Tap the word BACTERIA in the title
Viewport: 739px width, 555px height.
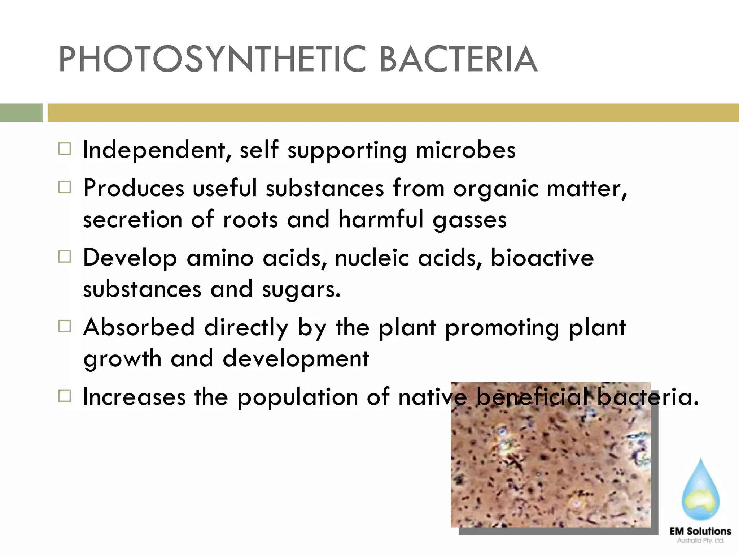pyautogui.click(x=458, y=59)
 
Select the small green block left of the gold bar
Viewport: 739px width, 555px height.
pyautogui.click(x=21, y=113)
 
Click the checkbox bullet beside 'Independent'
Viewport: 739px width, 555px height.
pyautogui.click(x=65, y=149)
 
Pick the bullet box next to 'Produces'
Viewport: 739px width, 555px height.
pyautogui.click(x=65, y=187)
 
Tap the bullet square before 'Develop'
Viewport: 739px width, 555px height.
pyautogui.click(x=65, y=257)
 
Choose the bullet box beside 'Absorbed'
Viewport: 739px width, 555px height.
pyautogui.click(x=65, y=326)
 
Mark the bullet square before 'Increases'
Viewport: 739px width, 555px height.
pyautogui.click(x=65, y=396)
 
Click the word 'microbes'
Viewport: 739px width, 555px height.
pyautogui.click(x=465, y=150)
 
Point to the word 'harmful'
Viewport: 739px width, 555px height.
pyautogui.click(x=381, y=219)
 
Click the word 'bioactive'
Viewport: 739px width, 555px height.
pyautogui.click(x=542, y=258)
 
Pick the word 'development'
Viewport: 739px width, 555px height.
pyautogui.click(x=296, y=359)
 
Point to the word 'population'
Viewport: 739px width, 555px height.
pyautogui.click(x=298, y=397)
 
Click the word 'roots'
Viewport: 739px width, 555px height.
pyautogui.click(x=250, y=219)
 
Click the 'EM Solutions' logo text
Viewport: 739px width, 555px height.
pyautogui.click(x=700, y=531)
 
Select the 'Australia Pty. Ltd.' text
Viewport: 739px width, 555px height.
pyautogui.click(x=700, y=541)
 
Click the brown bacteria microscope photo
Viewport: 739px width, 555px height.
pyautogui.click(x=551, y=466)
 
